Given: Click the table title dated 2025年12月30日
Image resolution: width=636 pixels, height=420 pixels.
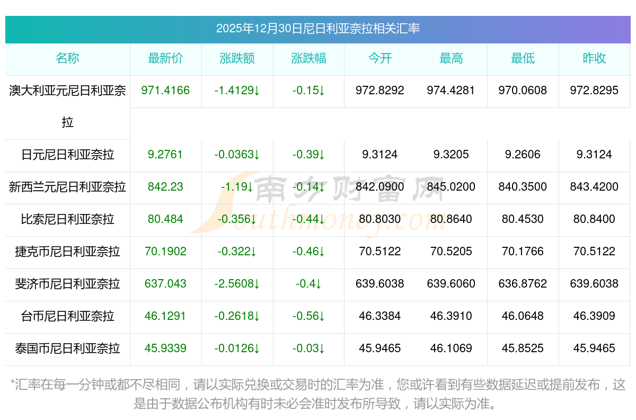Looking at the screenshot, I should (317, 29).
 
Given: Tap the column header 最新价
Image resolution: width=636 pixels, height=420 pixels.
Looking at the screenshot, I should (165, 59).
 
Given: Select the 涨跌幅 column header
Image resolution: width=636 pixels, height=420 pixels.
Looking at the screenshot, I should (308, 59).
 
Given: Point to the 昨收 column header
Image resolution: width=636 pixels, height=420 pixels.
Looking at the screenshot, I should (594, 59).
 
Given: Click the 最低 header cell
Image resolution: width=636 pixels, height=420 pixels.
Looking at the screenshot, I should (523, 59).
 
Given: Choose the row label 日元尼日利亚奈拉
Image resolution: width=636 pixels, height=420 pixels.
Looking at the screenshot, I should (67, 155).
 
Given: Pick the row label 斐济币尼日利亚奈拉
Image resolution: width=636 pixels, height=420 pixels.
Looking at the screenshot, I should (67, 284).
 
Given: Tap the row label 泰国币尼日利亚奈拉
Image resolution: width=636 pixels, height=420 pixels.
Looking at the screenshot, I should (67, 348).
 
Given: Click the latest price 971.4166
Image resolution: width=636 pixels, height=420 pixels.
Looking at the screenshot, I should (165, 91).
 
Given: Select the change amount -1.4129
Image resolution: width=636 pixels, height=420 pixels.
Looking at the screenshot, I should (237, 91).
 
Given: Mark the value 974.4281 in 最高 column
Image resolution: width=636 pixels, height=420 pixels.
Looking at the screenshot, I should (451, 91).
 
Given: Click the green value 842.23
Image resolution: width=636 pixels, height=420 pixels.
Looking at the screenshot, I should (165, 187).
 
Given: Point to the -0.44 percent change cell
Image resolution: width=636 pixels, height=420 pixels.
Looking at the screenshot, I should (308, 219).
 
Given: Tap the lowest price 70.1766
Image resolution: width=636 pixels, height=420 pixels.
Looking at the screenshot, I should (523, 252).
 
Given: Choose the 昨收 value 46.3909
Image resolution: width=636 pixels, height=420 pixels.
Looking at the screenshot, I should (594, 316).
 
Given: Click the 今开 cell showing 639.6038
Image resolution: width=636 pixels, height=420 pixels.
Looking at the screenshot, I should (380, 284).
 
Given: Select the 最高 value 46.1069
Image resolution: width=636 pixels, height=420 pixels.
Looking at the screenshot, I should (451, 348).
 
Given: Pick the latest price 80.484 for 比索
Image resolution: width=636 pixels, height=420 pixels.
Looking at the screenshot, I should (165, 219).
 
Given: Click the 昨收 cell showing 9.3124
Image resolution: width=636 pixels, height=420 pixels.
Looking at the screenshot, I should (594, 155).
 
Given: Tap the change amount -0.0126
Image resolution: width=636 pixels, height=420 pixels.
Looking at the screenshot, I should (237, 348).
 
